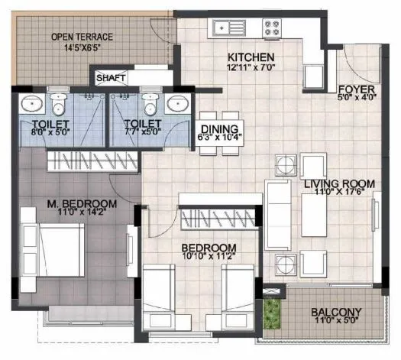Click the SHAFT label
pyautogui.click(x=111, y=77)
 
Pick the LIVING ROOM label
pyautogui.click(x=338, y=183)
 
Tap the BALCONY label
pyautogui.click(x=335, y=313)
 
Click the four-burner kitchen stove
pyautogui.click(x=272, y=28)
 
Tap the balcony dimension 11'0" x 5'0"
pyautogui.click(x=335, y=323)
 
